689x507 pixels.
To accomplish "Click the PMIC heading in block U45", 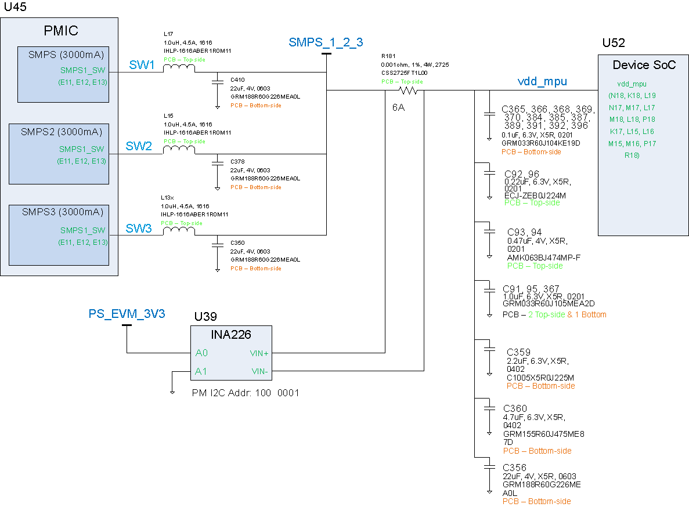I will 61,31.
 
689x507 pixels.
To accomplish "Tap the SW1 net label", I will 142,66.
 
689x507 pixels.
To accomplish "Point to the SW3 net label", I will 139,229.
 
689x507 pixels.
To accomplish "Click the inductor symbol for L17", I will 178,68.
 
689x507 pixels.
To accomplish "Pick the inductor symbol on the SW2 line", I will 178,150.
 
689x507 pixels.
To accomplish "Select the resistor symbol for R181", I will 408,90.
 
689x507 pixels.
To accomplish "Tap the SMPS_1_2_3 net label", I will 326,42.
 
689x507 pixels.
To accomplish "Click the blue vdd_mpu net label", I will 542,82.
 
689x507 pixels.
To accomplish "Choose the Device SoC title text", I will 644,65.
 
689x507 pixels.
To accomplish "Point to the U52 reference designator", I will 614,43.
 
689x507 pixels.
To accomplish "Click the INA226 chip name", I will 232,335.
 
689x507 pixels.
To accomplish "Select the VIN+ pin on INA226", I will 258,353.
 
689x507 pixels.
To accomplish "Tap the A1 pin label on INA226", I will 201,371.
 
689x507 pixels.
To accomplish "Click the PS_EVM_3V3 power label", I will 127,314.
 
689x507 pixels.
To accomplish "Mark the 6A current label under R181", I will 398,107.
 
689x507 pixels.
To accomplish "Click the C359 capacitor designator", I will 518,352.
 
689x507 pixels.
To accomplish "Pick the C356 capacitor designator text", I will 515,468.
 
